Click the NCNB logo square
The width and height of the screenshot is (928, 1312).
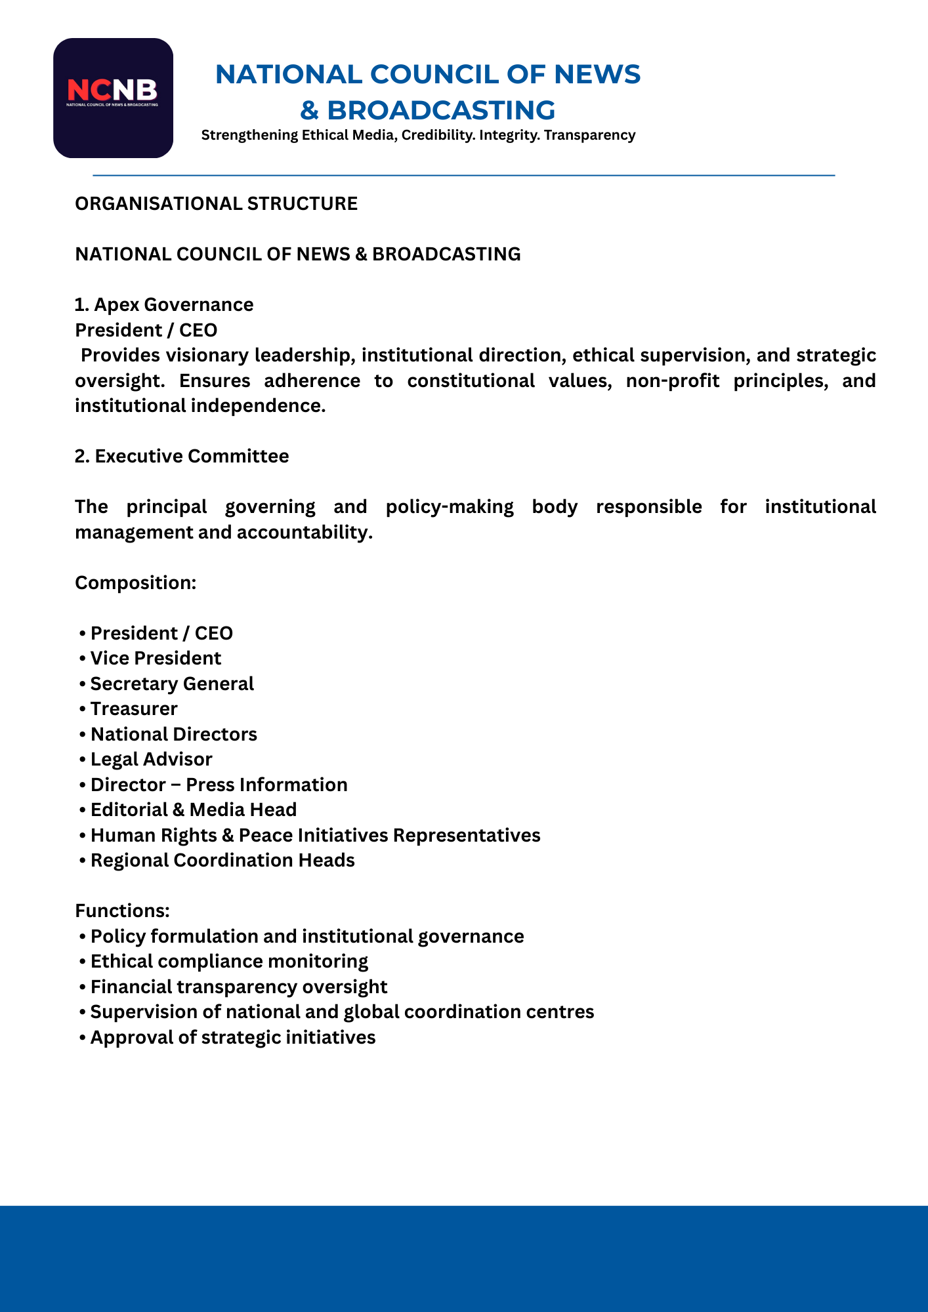tap(113, 98)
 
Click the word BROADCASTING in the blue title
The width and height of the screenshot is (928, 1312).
tap(441, 110)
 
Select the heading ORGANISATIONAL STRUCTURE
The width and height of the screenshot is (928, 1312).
tap(216, 203)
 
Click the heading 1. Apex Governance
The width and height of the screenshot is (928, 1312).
tap(164, 304)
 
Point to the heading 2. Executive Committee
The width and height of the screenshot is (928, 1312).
tap(182, 456)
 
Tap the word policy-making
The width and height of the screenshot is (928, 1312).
tap(450, 506)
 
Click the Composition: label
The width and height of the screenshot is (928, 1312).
tap(135, 583)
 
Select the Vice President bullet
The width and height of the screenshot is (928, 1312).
tap(156, 658)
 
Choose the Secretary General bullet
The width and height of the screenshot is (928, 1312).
tap(172, 684)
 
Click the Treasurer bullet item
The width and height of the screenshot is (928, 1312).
tap(134, 708)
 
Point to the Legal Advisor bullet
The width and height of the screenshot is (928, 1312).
tap(151, 759)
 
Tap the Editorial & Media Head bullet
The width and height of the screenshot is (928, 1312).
tap(194, 810)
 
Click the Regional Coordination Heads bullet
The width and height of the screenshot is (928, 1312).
tap(222, 860)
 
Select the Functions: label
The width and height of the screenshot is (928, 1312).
tap(122, 911)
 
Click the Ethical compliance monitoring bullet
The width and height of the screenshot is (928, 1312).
tap(229, 961)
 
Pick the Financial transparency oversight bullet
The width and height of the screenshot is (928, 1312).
tap(239, 987)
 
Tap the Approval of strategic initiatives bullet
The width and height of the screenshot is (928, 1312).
tap(233, 1037)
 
